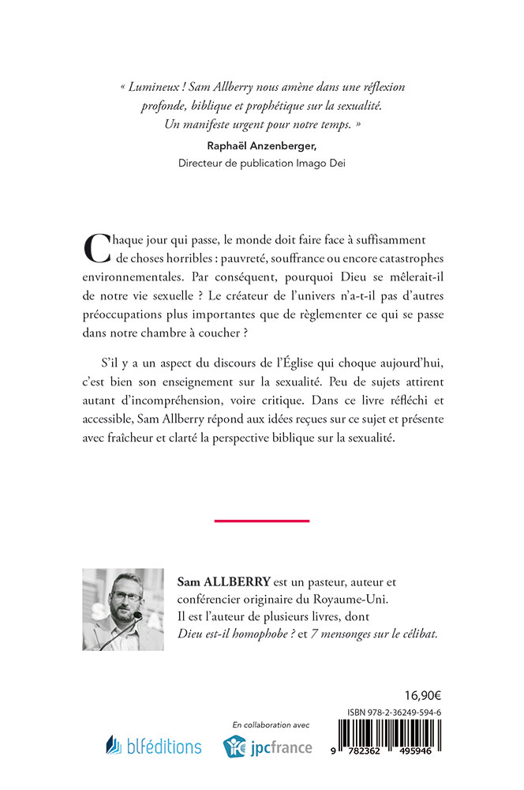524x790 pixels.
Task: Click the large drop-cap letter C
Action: click(98, 248)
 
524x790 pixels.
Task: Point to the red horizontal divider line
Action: click(261, 521)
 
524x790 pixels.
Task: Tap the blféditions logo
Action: click(154, 745)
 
